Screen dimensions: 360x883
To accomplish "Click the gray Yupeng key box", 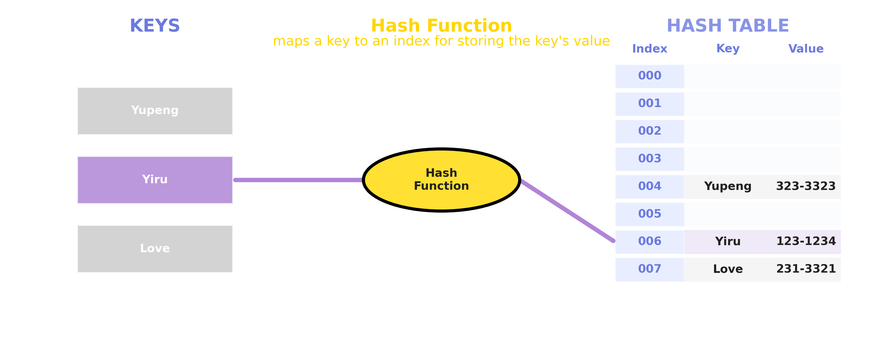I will coord(155,111).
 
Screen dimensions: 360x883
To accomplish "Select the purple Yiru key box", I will coord(155,180).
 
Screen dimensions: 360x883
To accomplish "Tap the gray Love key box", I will coord(155,248).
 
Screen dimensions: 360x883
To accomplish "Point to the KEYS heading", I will coord(155,26).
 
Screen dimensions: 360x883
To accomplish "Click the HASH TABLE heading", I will coord(728,26).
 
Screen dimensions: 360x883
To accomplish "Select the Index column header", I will coord(649,49).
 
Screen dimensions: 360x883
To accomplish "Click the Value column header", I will coord(806,49).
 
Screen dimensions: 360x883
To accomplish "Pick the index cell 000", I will coord(649,76).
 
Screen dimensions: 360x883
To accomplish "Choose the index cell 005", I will coord(649,214).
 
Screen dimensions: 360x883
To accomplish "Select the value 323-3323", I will coord(806,186).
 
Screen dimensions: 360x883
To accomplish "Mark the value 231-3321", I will coord(806,269).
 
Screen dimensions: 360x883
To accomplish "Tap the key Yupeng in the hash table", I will coord(728,186).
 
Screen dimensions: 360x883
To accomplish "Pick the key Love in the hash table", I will coord(728,269).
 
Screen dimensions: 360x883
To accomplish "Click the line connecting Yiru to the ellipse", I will coord(298,180).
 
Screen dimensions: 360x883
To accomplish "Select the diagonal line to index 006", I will coord(567,211).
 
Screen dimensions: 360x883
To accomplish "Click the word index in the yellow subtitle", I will coord(411,41).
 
